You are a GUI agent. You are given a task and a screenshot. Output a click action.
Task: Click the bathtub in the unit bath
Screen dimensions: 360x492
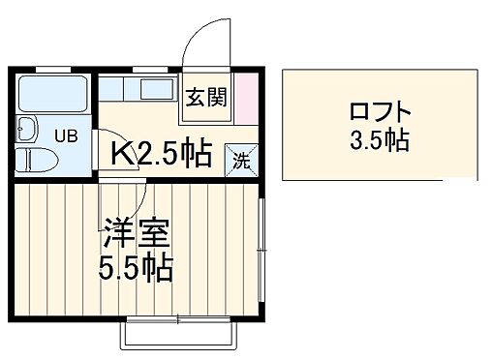click(x=54, y=95)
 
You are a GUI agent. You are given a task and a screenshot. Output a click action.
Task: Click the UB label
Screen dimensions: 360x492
click(x=65, y=136)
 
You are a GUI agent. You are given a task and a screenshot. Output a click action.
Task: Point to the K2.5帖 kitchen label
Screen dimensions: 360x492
click(x=160, y=153)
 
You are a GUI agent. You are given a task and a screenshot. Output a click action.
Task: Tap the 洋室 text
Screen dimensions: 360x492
click(x=137, y=235)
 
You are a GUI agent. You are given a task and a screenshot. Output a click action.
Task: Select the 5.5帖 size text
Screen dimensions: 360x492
click(x=137, y=266)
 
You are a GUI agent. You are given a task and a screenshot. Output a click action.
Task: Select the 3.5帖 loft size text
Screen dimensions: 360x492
click(x=379, y=141)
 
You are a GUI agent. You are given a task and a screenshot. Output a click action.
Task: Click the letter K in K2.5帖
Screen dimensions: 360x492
click(x=120, y=153)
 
